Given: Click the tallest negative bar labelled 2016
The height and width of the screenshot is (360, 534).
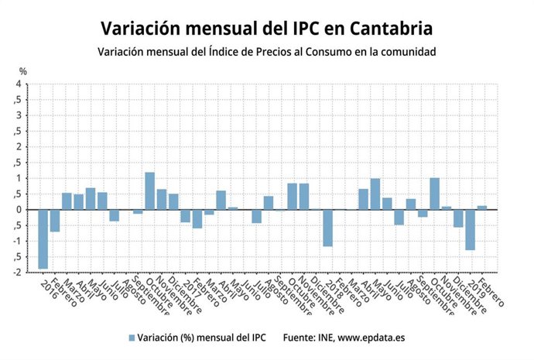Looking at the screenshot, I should pyautogui.click(x=43, y=238).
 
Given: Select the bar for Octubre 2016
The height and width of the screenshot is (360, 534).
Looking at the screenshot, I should pyautogui.click(x=149, y=191).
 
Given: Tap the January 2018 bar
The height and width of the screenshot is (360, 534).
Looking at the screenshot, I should pyautogui.click(x=327, y=228).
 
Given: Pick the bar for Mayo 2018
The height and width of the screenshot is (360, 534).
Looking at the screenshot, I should pyautogui.click(x=375, y=194).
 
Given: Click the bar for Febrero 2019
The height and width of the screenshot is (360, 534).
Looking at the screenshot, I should pyautogui.click(x=482, y=207).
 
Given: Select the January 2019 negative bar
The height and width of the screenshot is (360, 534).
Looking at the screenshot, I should pyautogui.click(x=470, y=229).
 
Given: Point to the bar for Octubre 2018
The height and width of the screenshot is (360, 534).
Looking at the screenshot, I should pyautogui.click(x=434, y=194).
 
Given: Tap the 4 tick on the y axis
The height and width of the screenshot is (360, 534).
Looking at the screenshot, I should pyautogui.click(x=18, y=84).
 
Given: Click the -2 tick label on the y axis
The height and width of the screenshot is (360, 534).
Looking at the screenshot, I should pyautogui.click(x=16, y=273).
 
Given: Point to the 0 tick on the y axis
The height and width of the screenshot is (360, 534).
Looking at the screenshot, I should pyautogui.click(x=18, y=210).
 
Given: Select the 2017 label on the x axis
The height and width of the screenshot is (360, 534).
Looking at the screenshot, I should pyautogui.click(x=190, y=292).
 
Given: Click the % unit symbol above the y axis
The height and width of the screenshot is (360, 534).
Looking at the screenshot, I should pyautogui.click(x=22, y=72).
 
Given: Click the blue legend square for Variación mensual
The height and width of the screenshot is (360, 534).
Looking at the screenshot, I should pyautogui.click(x=131, y=338).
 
